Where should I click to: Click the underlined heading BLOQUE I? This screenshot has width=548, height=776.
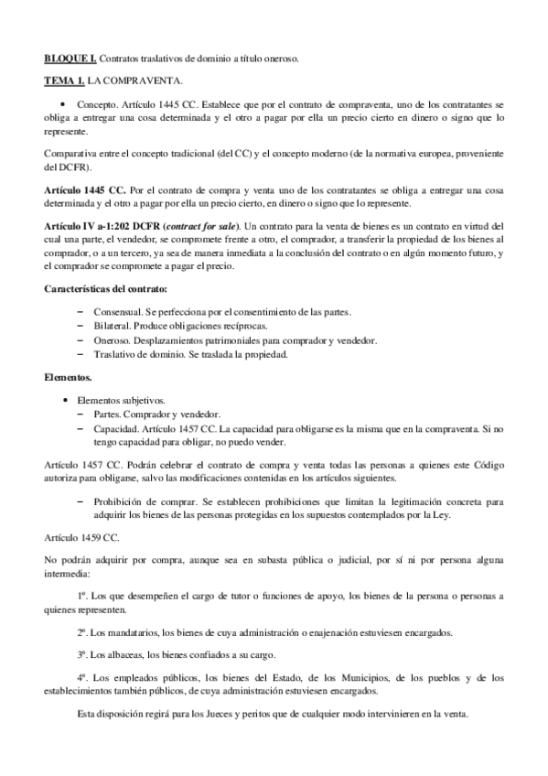70,59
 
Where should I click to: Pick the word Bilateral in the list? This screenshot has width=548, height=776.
111,326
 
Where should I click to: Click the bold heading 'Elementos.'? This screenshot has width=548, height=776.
69,376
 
